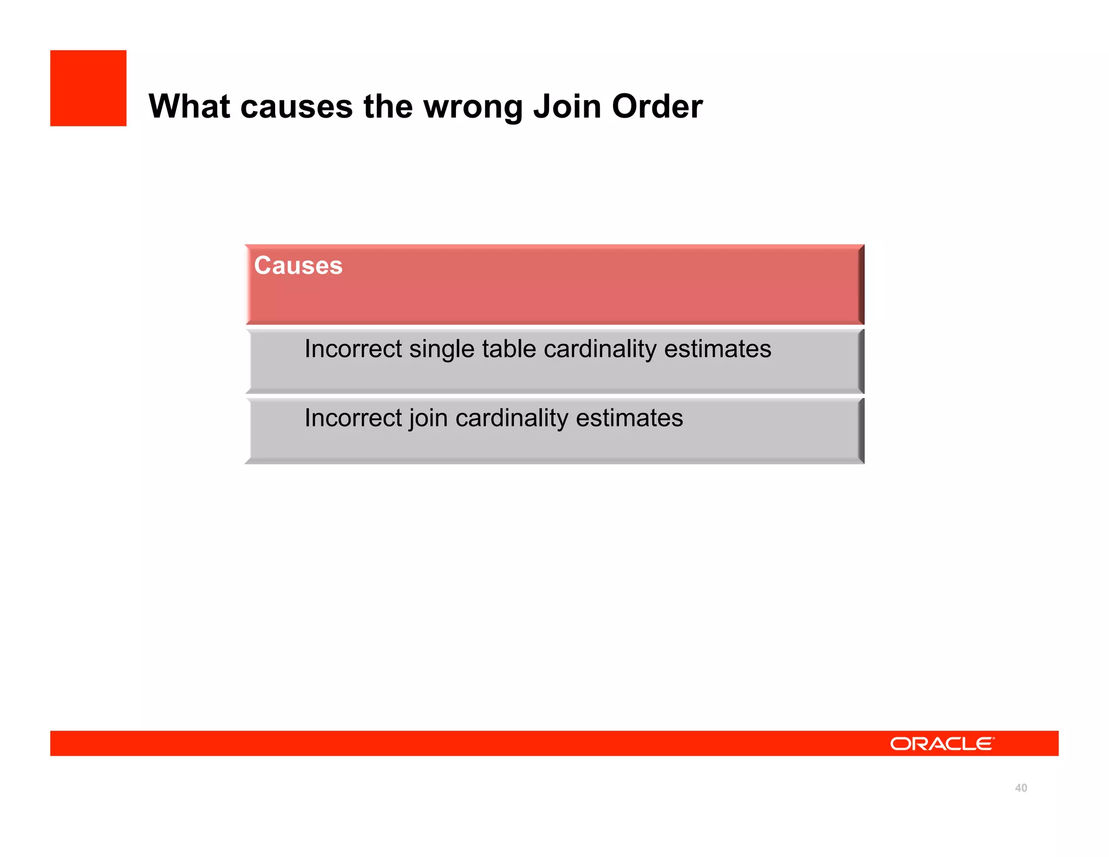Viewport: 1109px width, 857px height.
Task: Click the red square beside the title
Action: [x=88, y=88]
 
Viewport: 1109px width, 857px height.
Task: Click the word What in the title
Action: [x=189, y=106]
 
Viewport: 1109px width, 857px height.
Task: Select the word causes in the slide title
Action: [x=297, y=107]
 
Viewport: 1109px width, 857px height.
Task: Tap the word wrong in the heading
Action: [x=473, y=107]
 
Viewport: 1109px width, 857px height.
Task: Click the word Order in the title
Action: [x=657, y=106]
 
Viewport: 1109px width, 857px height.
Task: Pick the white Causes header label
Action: [x=298, y=265]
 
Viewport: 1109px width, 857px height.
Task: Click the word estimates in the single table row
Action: [x=717, y=348]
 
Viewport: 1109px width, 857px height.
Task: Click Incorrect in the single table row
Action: [x=353, y=348]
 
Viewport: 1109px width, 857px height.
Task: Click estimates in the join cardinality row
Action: [x=629, y=418]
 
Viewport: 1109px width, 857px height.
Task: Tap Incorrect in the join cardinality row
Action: [x=353, y=418]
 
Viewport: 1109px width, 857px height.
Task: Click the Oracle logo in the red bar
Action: [x=942, y=744]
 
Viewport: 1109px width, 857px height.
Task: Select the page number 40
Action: [x=1021, y=788]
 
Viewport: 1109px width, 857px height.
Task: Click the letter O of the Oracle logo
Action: [x=901, y=744]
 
